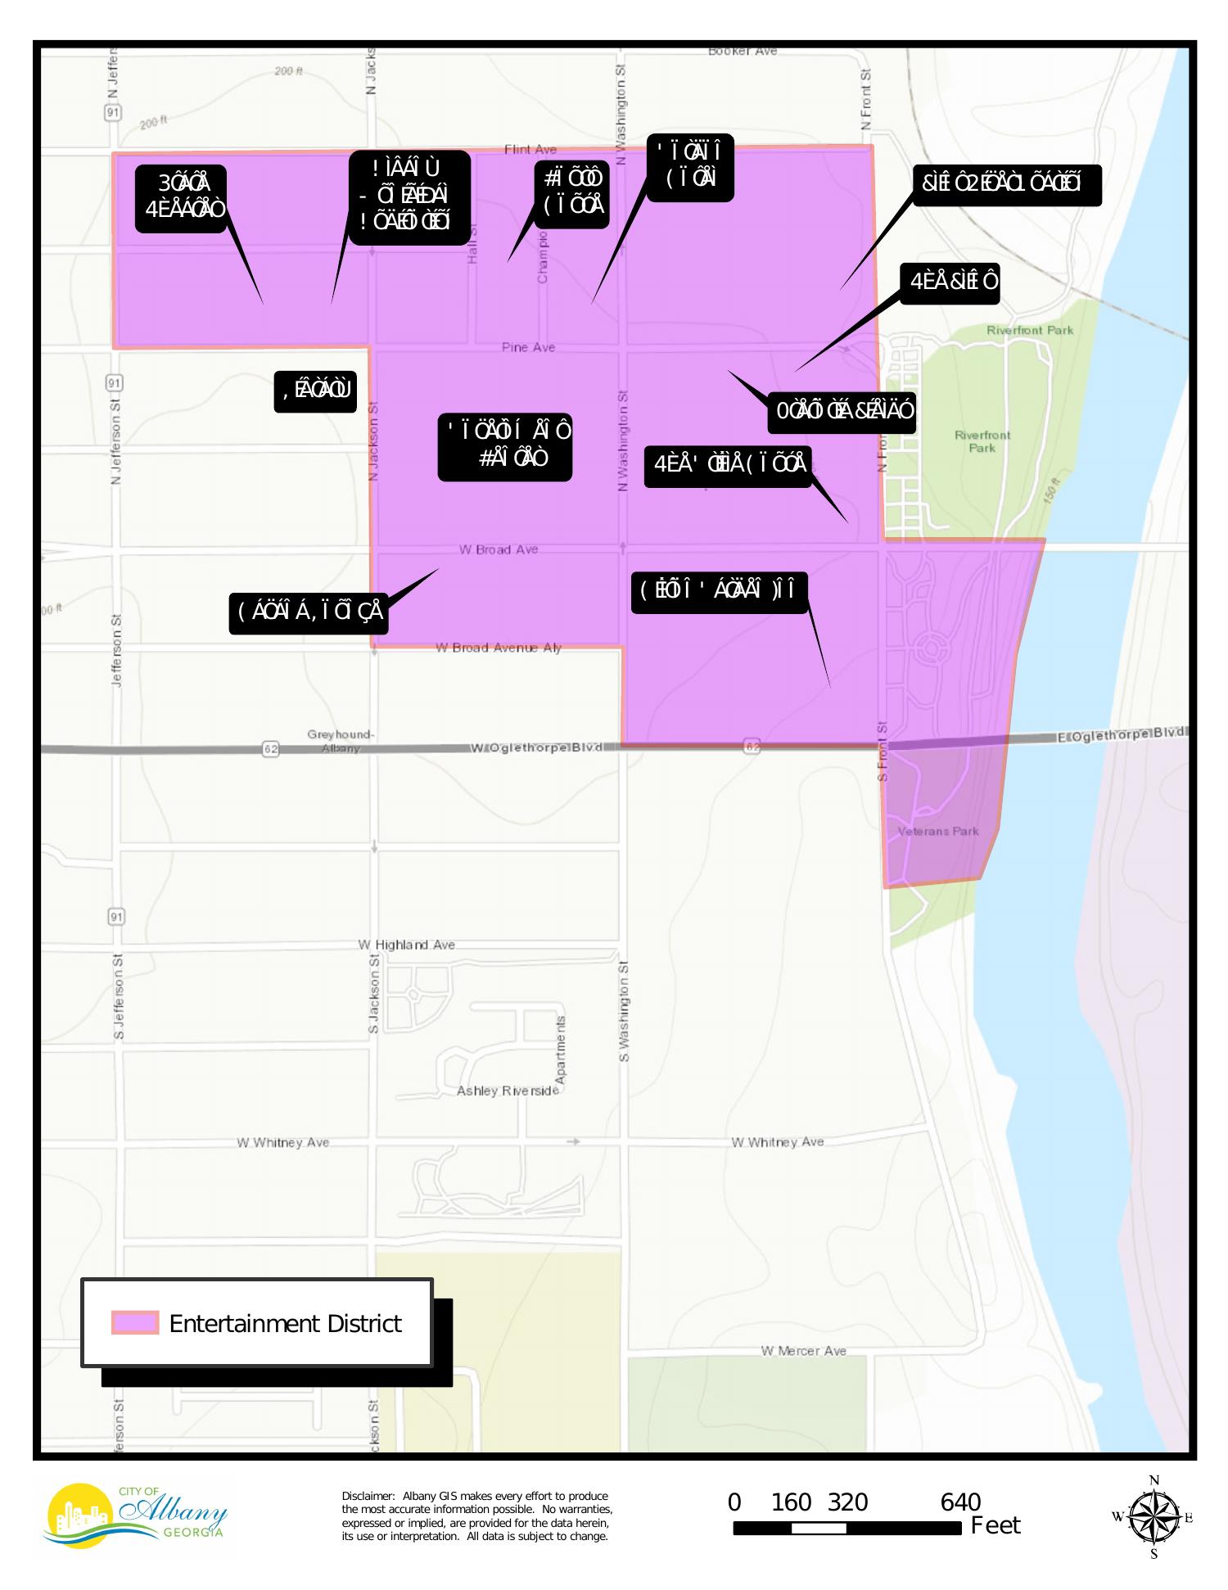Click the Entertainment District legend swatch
click(135, 1322)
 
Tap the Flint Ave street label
click(530, 149)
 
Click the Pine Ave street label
click(528, 347)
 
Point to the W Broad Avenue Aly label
click(498, 648)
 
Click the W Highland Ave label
click(407, 944)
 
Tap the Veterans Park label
click(938, 831)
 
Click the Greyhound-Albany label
click(341, 741)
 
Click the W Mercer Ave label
click(803, 1350)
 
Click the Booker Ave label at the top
click(742, 51)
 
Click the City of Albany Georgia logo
click(135, 1515)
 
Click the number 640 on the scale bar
click(960, 1502)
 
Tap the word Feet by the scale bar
click(995, 1525)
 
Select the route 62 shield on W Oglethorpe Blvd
click(271, 748)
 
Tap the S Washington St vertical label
click(624, 1011)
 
